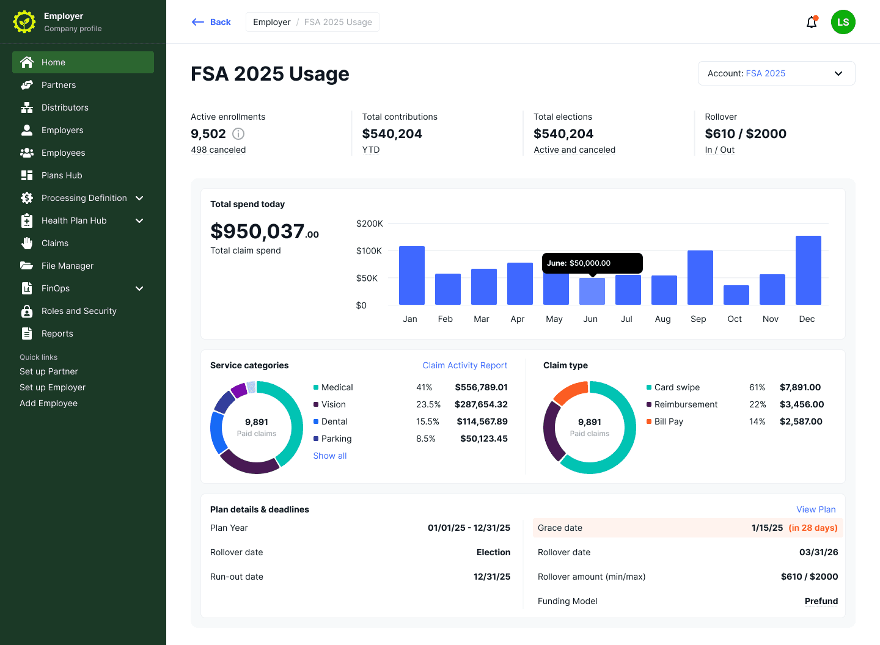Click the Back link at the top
point(211,22)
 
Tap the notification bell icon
point(812,22)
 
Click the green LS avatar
point(843,22)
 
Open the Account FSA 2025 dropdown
point(776,73)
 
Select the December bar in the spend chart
point(808,270)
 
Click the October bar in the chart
point(736,295)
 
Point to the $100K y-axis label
point(369,251)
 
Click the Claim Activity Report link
point(464,365)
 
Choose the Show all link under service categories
point(329,456)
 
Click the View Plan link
point(816,509)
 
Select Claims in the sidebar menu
point(55,243)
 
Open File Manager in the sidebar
point(68,266)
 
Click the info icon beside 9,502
point(238,134)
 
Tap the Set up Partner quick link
point(49,371)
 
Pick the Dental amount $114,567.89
point(482,421)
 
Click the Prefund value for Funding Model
point(821,601)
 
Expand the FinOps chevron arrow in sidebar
point(139,288)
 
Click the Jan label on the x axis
point(409,319)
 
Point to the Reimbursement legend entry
point(682,404)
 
